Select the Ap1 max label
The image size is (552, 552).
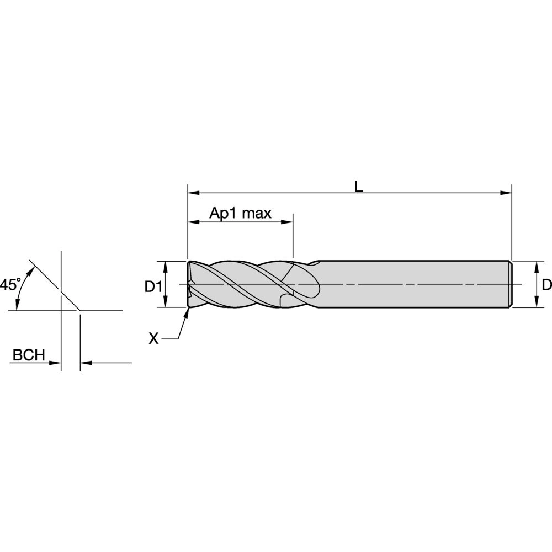240,214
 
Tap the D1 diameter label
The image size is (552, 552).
153,286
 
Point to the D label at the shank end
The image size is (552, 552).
546,285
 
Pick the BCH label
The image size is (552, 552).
29,355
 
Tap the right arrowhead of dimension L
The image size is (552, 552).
507,193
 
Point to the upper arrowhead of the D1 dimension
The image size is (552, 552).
166,265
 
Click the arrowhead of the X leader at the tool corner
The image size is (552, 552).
187,312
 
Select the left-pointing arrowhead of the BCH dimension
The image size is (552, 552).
86,363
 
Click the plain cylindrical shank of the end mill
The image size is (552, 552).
414,284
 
